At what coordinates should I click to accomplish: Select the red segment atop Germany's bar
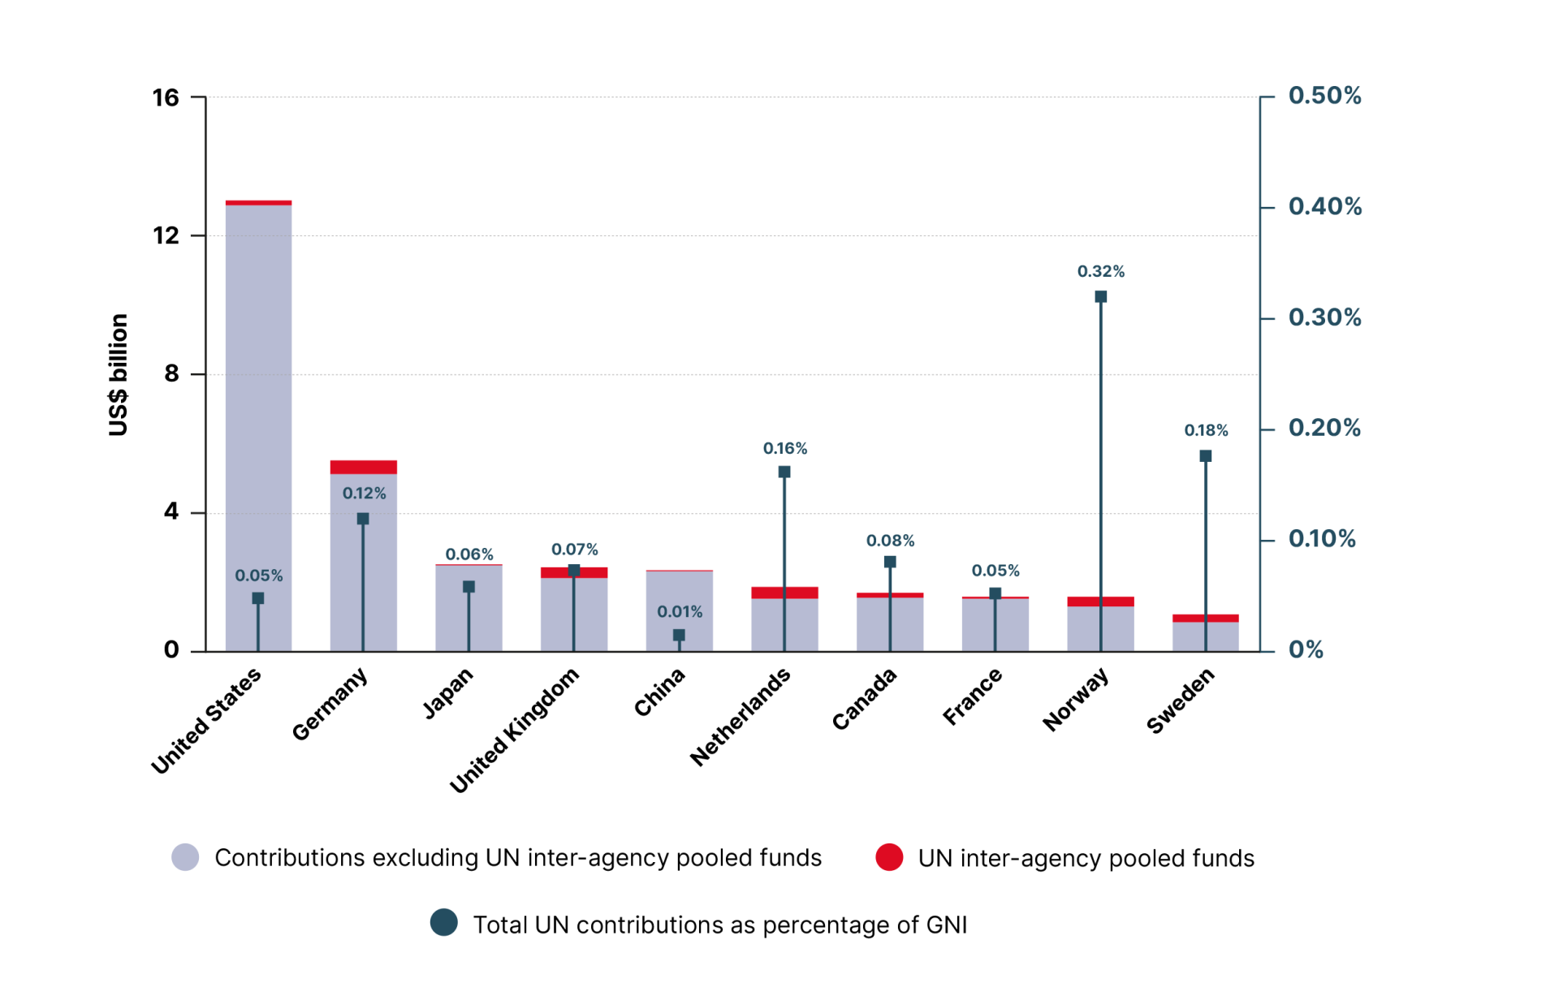(363, 467)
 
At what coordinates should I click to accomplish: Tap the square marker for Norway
(1100, 297)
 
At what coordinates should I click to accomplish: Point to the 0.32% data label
(1100, 271)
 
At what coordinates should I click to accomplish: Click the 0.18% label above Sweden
(1206, 430)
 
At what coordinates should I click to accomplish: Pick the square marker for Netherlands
(784, 472)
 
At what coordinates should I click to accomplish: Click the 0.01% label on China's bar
(680, 611)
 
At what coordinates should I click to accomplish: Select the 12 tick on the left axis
(166, 235)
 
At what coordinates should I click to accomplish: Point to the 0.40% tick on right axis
(1324, 206)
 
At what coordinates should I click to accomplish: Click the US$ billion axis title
(119, 374)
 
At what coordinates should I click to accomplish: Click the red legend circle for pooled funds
(889, 857)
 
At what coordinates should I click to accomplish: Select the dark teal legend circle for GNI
(444, 923)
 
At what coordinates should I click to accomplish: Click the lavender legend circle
(185, 857)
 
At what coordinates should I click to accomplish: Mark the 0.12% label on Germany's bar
(364, 493)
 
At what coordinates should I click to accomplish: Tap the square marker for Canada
(890, 562)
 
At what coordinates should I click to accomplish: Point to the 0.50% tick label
(1324, 96)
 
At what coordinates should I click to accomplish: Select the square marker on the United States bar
(258, 598)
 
